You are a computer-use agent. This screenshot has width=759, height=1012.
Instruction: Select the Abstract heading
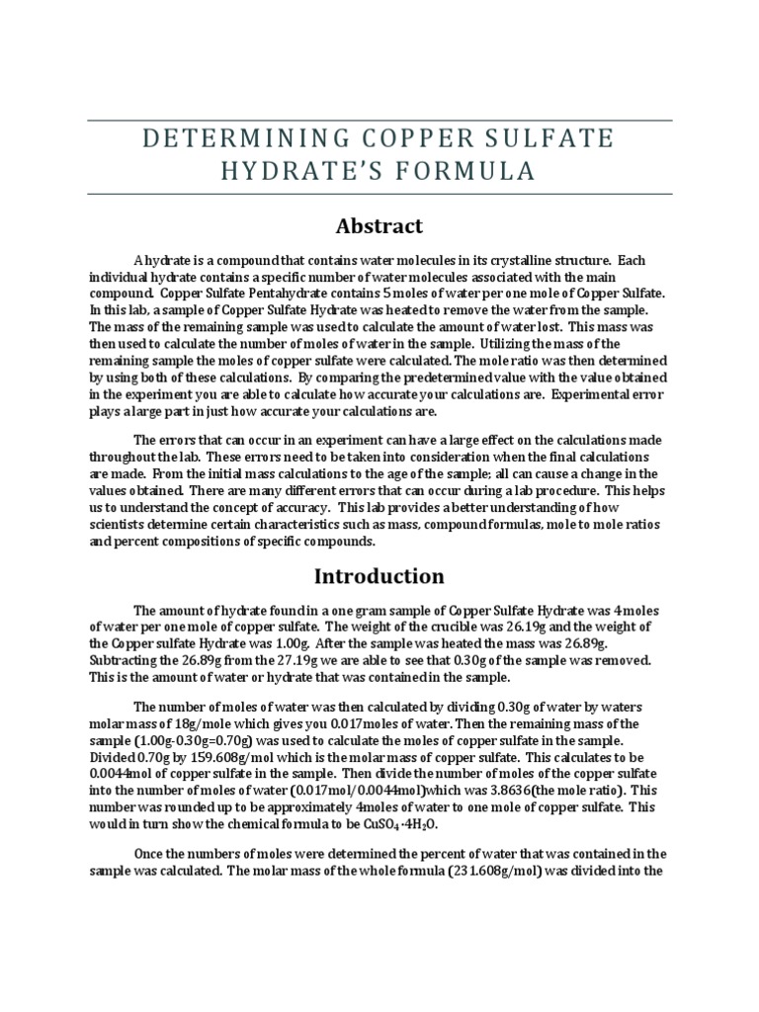pyautogui.click(x=379, y=225)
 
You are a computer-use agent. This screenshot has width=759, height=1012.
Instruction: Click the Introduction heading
pyautogui.click(x=379, y=575)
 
